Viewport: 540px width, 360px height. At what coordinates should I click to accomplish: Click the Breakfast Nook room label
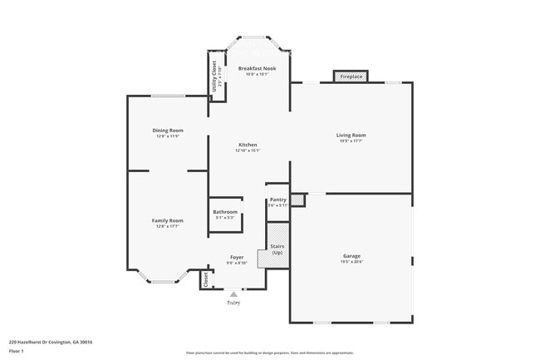pos(251,67)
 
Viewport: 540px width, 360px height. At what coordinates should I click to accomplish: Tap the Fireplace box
pos(351,76)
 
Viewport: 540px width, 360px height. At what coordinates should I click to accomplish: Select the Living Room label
pos(351,135)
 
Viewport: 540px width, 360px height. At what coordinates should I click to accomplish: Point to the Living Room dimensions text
pos(351,141)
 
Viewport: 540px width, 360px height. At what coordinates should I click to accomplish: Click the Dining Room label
pos(167,130)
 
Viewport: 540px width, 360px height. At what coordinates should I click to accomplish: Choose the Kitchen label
pos(248,145)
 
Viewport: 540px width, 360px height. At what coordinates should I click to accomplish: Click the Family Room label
pos(166,220)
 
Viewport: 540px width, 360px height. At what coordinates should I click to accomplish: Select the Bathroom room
pos(225,212)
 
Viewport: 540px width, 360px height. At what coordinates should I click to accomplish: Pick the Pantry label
pos(277,200)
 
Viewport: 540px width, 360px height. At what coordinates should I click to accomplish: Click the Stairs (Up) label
pos(277,249)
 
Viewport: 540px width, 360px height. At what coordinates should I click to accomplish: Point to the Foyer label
pos(237,258)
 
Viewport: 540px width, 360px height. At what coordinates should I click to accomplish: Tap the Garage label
pos(351,255)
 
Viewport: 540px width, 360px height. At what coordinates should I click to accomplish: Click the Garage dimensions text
pos(351,262)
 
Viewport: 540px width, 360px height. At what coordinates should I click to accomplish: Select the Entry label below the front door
pos(233,303)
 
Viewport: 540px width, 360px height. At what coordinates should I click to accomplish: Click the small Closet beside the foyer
pos(205,281)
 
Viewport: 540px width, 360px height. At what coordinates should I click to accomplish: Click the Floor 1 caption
pos(17,351)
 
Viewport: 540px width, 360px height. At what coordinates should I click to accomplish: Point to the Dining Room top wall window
pos(167,96)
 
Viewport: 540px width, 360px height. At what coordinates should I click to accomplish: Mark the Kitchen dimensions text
pos(248,151)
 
